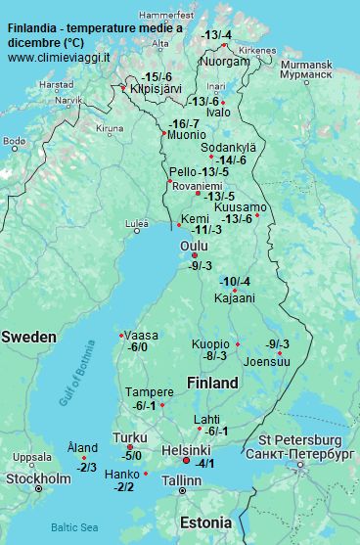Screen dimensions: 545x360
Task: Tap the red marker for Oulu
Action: pos(195,255)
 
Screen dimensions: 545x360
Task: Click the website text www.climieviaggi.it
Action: pos(59,59)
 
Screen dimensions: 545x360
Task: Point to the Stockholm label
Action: pos(38,478)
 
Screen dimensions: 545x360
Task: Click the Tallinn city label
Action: pos(181,480)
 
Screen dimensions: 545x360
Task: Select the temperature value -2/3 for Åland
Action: pos(86,468)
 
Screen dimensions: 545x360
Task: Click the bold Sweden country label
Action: pos(28,337)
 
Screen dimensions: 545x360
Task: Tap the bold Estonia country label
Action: pos(205,522)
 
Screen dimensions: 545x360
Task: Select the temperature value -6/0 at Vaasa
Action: pos(138,347)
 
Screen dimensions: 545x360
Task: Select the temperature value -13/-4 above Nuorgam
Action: pos(216,35)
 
